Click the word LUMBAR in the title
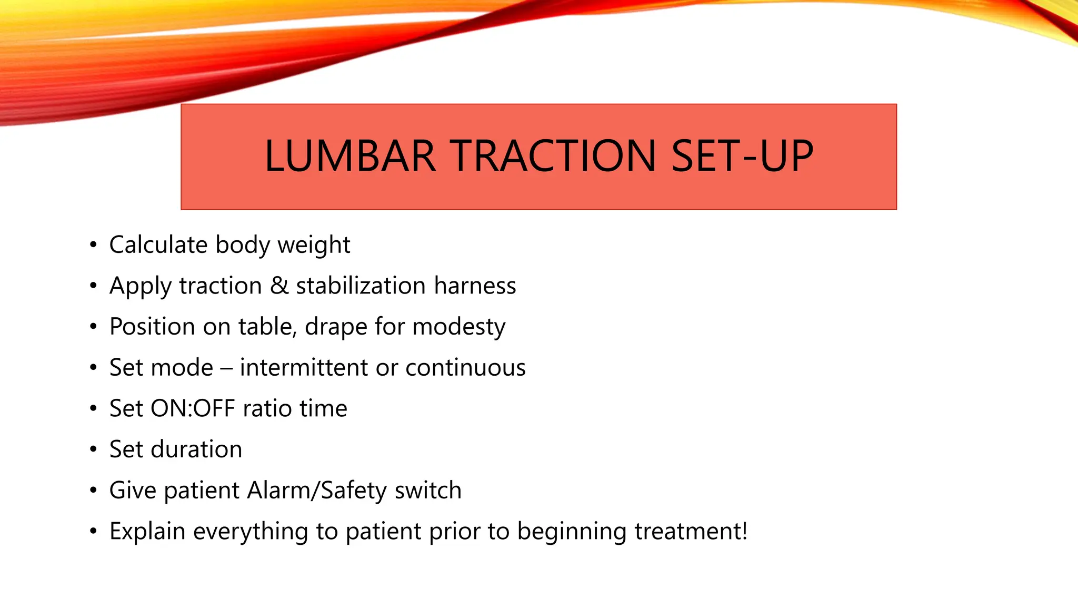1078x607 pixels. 350,156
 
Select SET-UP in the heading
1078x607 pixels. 742,156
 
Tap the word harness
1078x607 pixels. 475,286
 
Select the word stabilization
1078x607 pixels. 361,286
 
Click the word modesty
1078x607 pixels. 458,327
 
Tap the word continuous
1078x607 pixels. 465,367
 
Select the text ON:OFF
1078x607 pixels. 193,408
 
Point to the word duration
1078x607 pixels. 196,449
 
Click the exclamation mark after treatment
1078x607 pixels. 744,531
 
